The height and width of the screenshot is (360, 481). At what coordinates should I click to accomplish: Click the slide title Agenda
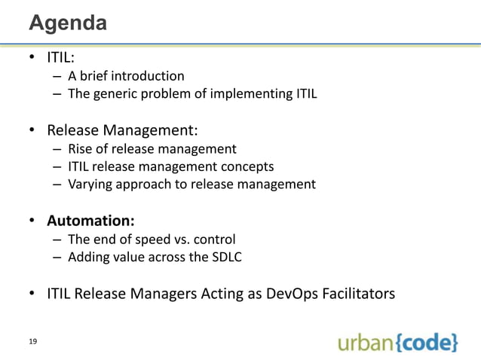(x=67, y=23)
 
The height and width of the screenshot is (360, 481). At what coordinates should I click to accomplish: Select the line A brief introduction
(x=126, y=76)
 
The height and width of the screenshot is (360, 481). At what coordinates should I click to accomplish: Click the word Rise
(x=80, y=148)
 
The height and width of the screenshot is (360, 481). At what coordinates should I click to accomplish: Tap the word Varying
(x=89, y=184)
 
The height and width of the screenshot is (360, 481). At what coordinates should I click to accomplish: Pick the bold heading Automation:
(x=91, y=221)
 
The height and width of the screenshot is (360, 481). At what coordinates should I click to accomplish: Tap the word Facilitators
(x=358, y=294)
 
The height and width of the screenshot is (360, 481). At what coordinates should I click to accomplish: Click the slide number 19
(x=33, y=342)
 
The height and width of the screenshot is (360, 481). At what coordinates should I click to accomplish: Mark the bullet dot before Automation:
(x=34, y=221)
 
